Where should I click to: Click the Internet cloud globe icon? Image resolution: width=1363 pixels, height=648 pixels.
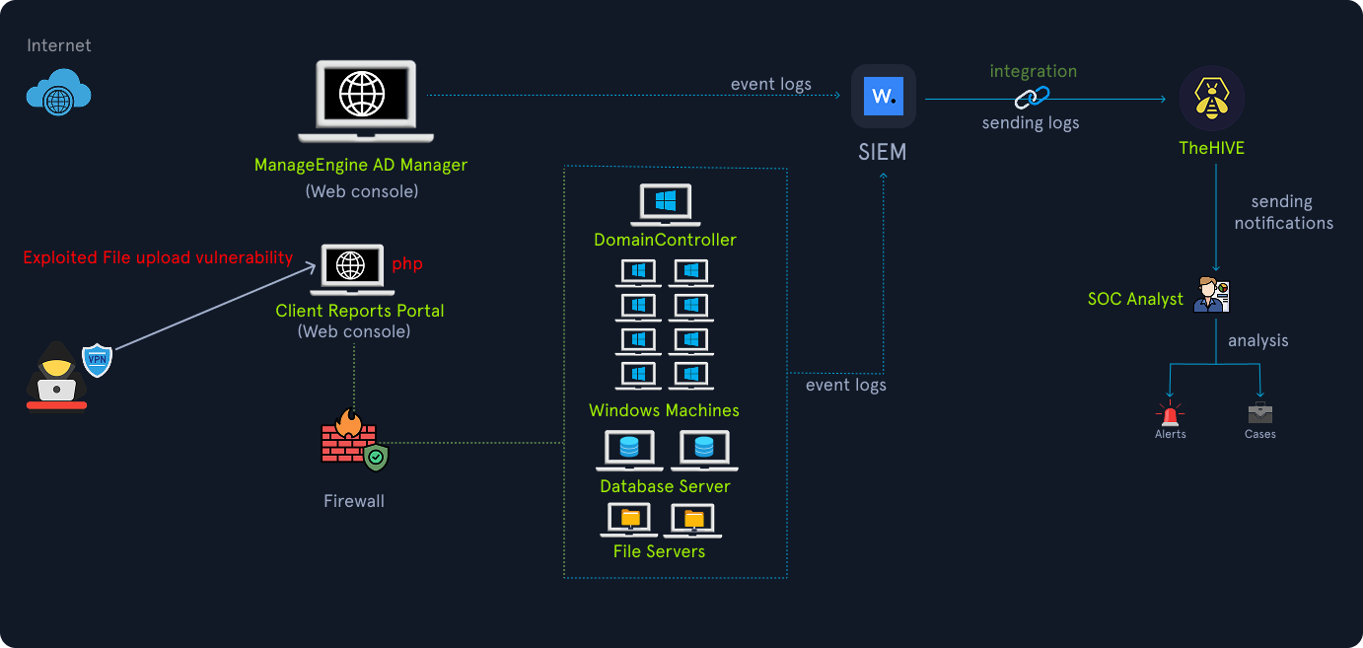point(58,95)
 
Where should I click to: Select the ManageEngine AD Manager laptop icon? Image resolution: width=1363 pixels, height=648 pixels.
point(365,99)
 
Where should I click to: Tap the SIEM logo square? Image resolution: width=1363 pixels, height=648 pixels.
point(884,97)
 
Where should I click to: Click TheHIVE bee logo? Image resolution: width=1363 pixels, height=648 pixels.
point(1212,99)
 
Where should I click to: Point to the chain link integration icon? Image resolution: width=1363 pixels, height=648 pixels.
point(1033,98)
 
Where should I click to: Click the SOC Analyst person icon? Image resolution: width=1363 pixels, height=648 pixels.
point(1211,295)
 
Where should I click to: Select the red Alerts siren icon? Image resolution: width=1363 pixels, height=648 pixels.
point(1170,413)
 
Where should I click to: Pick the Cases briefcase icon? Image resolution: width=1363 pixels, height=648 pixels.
point(1259,413)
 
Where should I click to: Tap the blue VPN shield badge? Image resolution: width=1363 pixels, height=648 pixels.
point(97,359)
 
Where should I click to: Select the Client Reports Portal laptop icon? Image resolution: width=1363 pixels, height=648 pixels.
point(349,269)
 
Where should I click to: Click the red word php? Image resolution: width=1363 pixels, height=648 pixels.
point(407,263)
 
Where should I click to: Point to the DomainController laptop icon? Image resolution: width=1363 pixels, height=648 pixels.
point(665,205)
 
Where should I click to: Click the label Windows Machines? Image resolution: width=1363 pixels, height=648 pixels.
point(664,410)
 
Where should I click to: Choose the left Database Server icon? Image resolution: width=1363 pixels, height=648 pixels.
point(629,451)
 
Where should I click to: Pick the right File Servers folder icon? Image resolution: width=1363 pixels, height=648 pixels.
point(693,520)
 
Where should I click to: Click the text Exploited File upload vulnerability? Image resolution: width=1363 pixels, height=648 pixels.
point(158,257)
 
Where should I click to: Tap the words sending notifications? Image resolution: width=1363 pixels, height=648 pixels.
point(1282,212)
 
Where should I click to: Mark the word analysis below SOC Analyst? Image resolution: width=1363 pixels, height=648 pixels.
point(1257,340)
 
